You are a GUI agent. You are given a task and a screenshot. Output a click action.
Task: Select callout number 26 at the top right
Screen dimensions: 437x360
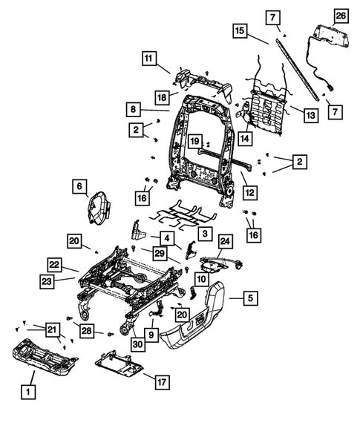[341, 16]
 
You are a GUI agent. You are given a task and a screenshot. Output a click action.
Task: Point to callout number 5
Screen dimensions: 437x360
[251, 299]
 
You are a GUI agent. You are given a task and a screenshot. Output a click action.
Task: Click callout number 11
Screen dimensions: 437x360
[151, 58]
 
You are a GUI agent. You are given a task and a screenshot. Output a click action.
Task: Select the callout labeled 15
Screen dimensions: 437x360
[240, 32]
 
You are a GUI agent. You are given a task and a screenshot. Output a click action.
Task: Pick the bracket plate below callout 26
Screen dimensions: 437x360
[327, 35]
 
